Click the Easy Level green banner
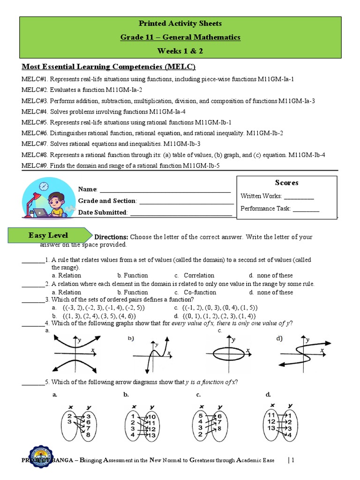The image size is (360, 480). click(54, 235)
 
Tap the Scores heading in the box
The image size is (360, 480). click(286, 182)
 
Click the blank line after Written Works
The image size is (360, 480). click(299, 197)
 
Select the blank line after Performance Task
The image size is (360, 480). click(306, 209)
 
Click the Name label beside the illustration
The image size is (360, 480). click(87, 189)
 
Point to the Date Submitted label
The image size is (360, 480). click(103, 212)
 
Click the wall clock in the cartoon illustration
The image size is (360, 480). click(44, 186)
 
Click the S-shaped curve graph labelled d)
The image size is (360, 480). click(300, 352)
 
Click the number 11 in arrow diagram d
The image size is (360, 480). click(271, 415)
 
